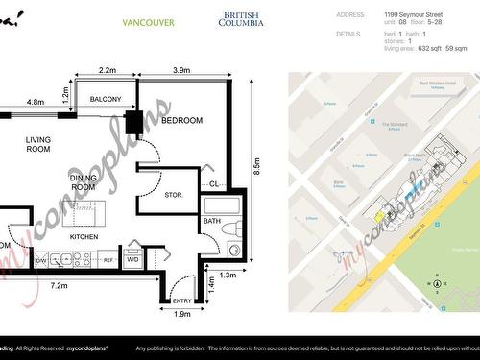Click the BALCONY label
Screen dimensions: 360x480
(x=106, y=100)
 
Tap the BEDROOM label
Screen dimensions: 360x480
(x=182, y=121)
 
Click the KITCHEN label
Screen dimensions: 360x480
(x=85, y=236)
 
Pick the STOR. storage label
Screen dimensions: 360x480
(x=173, y=195)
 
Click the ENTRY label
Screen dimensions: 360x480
(x=181, y=301)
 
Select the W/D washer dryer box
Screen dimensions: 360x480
(x=132, y=259)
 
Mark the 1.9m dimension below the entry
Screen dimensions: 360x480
(x=181, y=314)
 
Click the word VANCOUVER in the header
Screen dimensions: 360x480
(x=149, y=21)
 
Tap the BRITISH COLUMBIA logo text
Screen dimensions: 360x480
(x=244, y=19)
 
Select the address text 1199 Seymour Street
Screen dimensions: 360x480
(x=414, y=15)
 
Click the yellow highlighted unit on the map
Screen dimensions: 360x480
(x=380, y=217)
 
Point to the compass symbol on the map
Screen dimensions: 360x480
(x=437, y=282)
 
